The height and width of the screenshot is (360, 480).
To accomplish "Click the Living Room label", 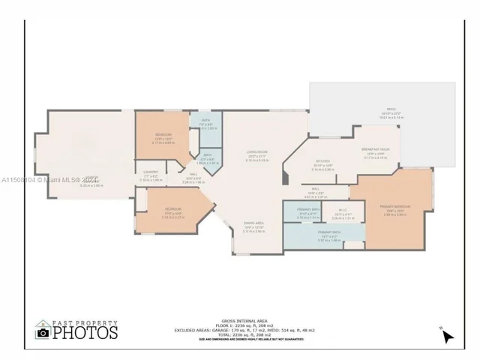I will point(257,152).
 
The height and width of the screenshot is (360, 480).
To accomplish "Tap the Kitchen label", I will point(322,161).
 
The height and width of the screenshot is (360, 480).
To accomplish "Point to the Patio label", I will point(380,109).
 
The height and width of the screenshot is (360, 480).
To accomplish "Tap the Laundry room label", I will point(151,172).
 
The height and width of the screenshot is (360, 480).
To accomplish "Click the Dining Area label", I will point(253,223).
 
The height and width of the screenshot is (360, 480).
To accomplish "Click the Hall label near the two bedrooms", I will point(193,178).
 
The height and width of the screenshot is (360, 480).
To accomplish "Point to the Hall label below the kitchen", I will point(316,189).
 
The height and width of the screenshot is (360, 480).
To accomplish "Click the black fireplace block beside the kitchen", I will point(284,177).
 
